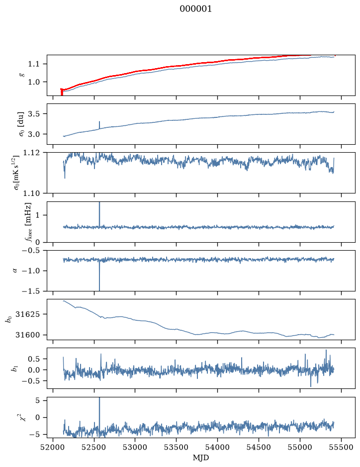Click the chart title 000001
pos(195,9)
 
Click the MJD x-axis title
pos(201,458)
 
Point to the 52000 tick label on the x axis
pos(53,448)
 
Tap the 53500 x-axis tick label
pos(177,448)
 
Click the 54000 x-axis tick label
pos(218,448)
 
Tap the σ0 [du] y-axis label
pos(21,124)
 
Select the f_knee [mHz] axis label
pos(28,222)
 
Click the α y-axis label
pos(15,271)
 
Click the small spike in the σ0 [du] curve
pos(99,125)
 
